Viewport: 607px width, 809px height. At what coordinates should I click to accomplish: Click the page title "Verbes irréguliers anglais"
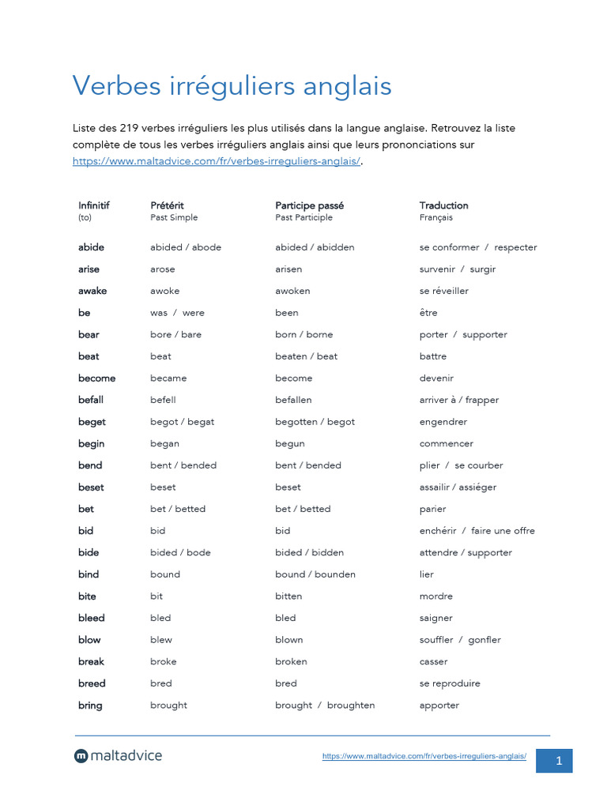[x=232, y=85]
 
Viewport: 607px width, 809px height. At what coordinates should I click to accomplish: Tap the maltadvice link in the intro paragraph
[x=217, y=161]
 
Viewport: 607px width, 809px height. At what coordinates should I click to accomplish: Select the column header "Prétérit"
[x=167, y=205]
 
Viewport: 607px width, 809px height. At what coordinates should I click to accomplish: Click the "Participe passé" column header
[x=309, y=205]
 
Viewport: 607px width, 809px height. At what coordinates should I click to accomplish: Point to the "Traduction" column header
[x=443, y=205]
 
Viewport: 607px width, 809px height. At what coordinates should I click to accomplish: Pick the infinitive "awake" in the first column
[x=92, y=291]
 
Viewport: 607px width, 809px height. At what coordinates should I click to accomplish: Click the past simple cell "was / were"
[x=177, y=313]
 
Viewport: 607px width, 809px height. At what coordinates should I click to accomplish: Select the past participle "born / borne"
[x=303, y=334]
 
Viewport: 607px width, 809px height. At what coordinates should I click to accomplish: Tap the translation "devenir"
[x=436, y=378]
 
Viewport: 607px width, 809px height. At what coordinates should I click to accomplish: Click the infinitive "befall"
[x=91, y=400]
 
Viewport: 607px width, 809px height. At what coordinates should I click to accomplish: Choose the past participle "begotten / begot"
[x=315, y=422]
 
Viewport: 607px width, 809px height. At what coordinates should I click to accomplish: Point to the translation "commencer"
[x=446, y=443]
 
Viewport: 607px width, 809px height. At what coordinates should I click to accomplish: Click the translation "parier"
[x=432, y=509]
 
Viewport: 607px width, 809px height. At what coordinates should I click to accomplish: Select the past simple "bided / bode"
[x=180, y=552]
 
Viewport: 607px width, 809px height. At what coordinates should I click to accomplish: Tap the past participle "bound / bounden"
[x=315, y=574]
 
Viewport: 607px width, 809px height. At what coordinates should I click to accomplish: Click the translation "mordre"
[x=435, y=596]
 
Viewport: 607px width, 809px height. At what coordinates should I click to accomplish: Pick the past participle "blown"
[x=288, y=640]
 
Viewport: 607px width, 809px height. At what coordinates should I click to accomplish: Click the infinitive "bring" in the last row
[x=90, y=706]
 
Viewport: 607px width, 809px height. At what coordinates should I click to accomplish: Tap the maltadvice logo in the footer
[x=118, y=756]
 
